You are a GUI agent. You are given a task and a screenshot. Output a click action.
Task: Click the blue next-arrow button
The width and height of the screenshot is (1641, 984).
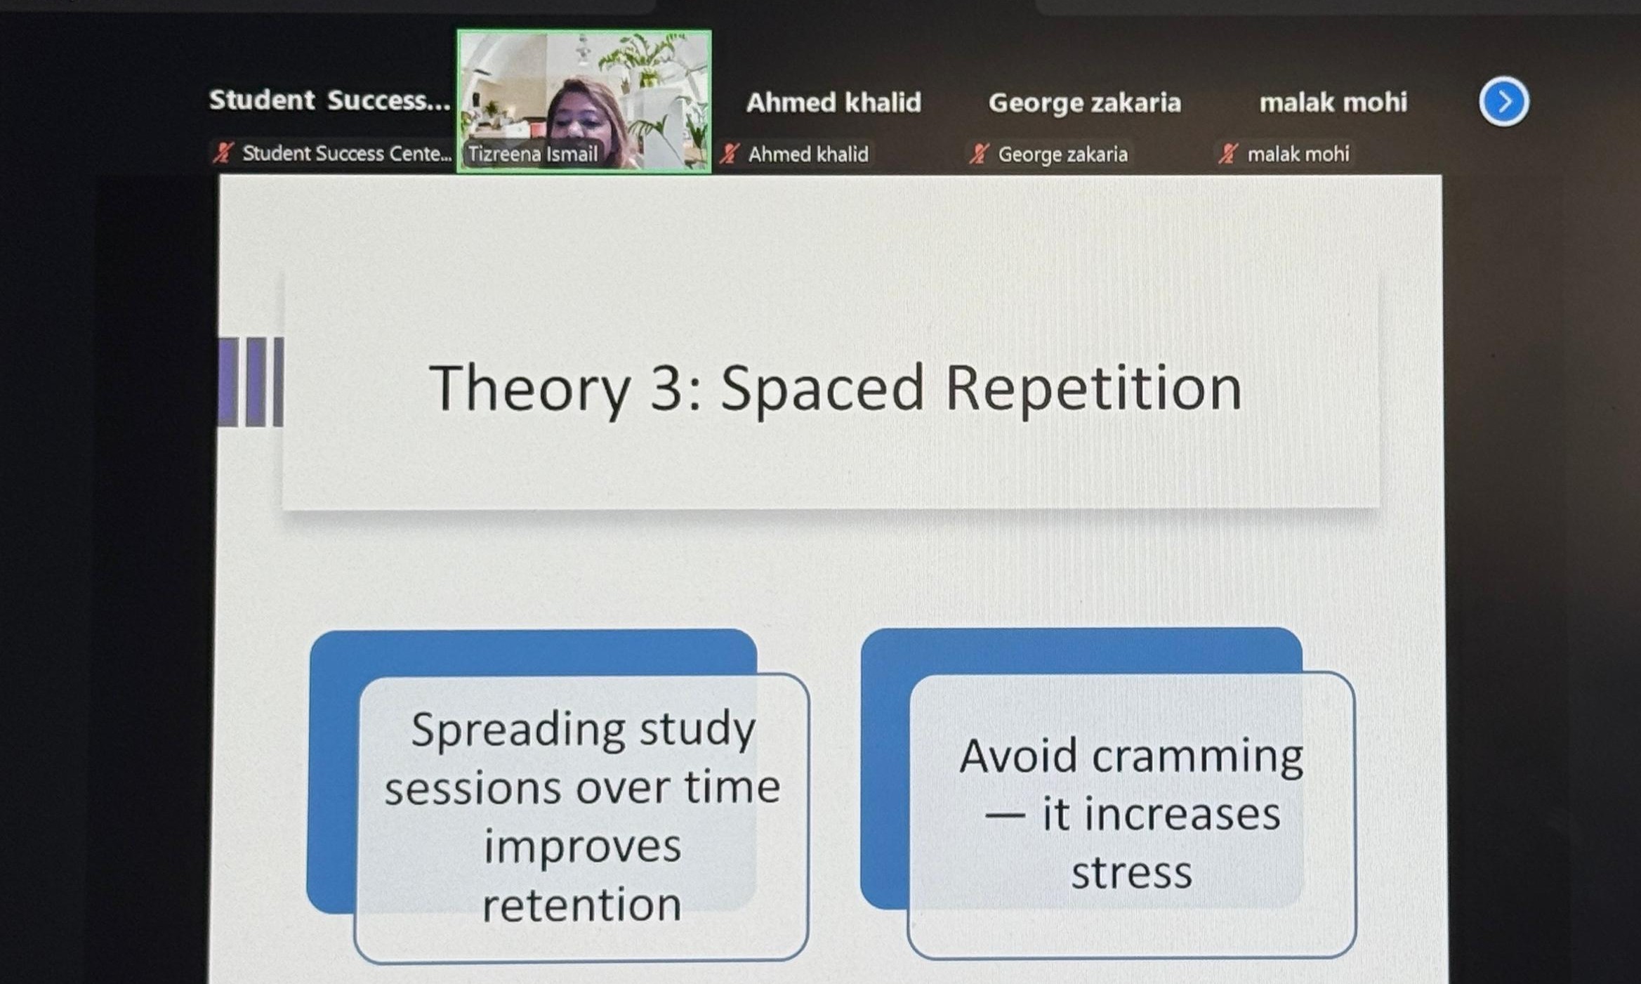click(x=1503, y=102)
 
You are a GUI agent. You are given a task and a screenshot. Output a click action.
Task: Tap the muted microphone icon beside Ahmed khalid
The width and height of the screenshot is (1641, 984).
click(x=730, y=153)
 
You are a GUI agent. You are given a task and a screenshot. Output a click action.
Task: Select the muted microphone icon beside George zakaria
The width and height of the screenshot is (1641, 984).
click(x=979, y=153)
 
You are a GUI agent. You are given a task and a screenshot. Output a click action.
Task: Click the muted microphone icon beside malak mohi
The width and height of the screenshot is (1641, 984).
click(x=1228, y=153)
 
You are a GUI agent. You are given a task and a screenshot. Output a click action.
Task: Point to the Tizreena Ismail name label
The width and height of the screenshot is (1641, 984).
click(x=532, y=154)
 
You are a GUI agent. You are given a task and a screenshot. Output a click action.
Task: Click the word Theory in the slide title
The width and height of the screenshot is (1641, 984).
click(x=529, y=388)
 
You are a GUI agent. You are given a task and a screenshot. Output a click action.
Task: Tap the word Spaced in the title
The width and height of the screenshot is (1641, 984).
click(x=822, y=388)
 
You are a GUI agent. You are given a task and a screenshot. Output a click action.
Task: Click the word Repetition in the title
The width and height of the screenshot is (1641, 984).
click(x=1094, y=388)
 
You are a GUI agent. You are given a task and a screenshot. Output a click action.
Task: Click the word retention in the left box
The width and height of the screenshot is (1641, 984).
click(x=582, y=904)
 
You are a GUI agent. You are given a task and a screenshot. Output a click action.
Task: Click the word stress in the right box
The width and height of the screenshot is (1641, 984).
click(x=1131, y=873)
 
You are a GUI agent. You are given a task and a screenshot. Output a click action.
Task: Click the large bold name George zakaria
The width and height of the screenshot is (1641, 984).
click(x=1085, y=103)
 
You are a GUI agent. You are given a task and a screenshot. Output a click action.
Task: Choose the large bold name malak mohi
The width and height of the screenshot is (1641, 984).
click(x=1333, y=103)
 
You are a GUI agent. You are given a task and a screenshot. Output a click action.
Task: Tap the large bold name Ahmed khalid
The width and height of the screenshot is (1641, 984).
click(x=833, y=103)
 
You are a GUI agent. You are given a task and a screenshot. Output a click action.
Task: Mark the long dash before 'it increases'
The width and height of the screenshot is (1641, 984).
click(x=1004, y=816)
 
